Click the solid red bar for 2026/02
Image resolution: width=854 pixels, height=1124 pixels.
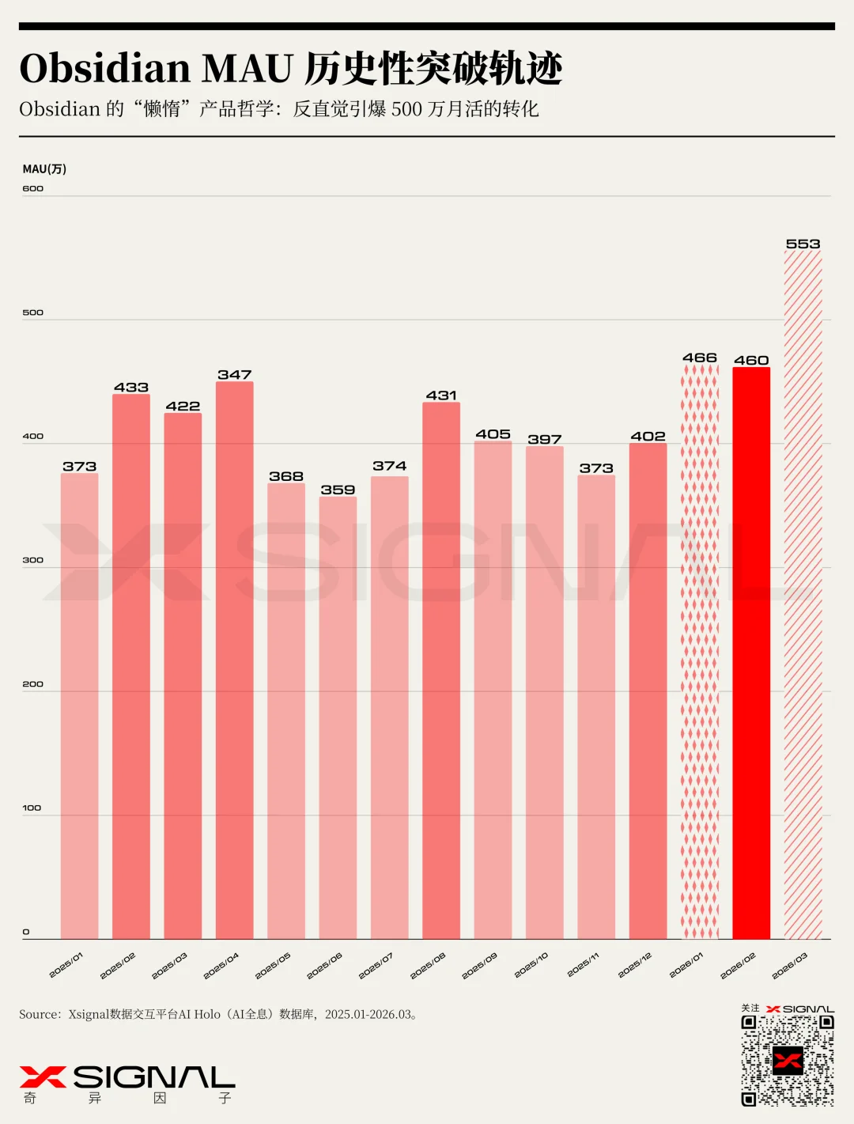click(751, 653)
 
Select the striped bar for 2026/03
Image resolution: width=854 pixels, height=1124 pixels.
click(803, 593)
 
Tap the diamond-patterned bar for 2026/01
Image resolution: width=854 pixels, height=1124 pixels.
click(700, 653)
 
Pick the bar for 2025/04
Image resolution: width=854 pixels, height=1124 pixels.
click(235, 660)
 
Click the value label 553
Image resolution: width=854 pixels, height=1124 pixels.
click(803, 244)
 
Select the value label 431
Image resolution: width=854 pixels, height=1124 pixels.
click(441, 395)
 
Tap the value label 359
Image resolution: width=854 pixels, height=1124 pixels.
click(338, 490)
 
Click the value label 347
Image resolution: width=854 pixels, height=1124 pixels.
click(235, 375)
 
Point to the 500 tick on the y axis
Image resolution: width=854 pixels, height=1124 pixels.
click(32, 312)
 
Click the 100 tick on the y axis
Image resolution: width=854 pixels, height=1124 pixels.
click(32, 808)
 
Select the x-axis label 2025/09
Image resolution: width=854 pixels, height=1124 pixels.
click(480, 966)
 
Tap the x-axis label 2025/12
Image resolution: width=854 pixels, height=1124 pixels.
click(635, 966)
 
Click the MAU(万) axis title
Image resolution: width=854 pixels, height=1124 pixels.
click(44, 169)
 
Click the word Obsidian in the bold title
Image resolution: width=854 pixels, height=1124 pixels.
click(104, 69)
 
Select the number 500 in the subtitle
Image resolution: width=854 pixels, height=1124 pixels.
click(406, 109)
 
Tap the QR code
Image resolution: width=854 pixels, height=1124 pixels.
click(787, 1060)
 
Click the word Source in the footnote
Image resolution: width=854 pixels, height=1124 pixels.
click(40, 1014)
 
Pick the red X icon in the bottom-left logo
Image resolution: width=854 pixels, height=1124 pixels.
click(43, 1077)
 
